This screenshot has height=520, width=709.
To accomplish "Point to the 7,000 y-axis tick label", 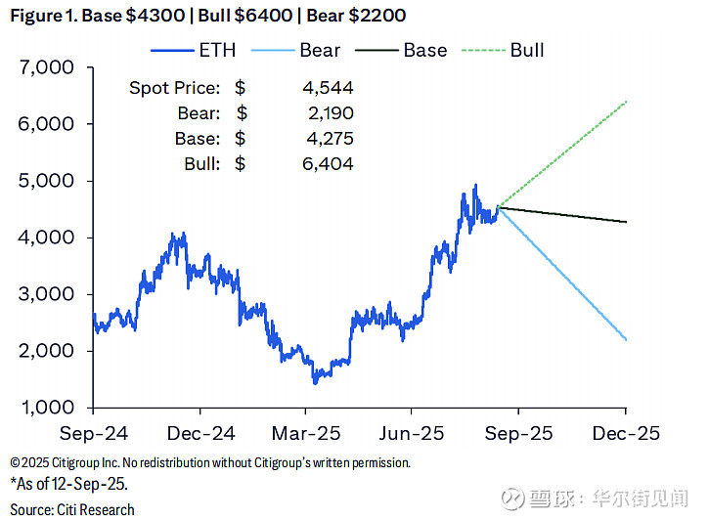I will tap(47, 68).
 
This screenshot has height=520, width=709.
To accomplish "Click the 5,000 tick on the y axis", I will tap(47, 182).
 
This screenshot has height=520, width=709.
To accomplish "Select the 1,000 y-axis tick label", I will tap(47, 408).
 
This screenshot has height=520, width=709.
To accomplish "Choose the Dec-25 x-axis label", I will tap(626, 433).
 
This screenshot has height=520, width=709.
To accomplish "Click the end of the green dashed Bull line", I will tap(626, 102).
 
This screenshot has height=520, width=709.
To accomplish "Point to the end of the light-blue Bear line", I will tap(626, 340).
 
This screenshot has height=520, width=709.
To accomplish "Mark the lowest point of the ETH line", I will tap(315, 382).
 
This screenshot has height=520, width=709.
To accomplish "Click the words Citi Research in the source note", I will tap(93, 509).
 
